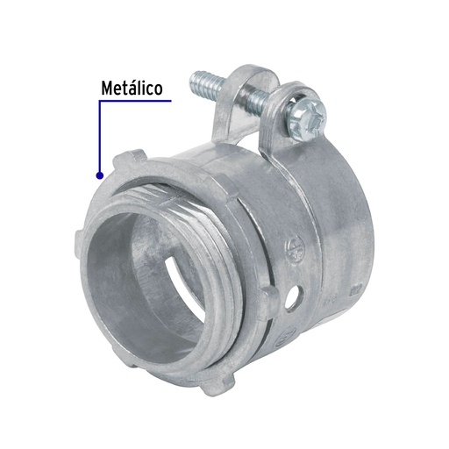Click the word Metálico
point(132,89)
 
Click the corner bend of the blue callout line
point(101,102)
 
